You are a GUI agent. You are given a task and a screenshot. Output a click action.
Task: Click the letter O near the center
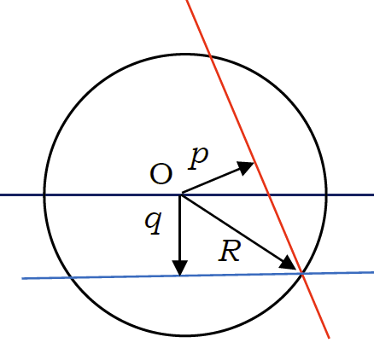[x=161, y=174]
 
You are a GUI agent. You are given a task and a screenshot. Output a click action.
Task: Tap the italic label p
[x=198, y=158]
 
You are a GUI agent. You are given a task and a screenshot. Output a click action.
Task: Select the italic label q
[x=154, y=223]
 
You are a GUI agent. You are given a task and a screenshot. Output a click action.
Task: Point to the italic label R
[x=230, y=251]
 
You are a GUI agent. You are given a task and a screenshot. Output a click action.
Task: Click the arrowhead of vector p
[x=246, y=168]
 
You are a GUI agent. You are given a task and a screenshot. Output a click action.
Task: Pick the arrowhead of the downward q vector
[x=180, y=268]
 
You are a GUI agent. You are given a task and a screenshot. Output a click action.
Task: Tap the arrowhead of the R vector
[x=289, y=264]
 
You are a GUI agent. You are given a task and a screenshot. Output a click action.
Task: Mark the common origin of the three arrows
[x=180, y=195]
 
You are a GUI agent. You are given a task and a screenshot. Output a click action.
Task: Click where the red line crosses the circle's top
[x=211, y=56]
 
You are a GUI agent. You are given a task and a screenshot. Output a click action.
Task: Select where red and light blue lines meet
[x=302, y=273]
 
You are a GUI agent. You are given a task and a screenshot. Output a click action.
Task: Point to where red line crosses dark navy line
[x=268, y=195]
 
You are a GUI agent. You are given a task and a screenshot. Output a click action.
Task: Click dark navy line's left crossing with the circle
[x=44, y=195]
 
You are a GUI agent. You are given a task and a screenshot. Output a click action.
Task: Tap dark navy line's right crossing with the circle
[x=326, y=195]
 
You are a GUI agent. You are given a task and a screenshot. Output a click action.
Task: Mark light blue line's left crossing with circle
[x=71, y=277]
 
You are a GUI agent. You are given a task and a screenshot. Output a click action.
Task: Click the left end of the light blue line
[x=22, y=278]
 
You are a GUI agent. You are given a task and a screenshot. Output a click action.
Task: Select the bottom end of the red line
[x=330, y=338]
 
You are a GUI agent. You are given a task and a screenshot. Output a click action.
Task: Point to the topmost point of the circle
[x=185, y=54]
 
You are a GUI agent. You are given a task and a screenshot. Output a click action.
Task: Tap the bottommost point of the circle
[x=185, y=335]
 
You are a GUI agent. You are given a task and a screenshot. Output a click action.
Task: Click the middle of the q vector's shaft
[x=180, y=228]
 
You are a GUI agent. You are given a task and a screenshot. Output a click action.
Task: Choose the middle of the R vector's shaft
[x=232, y=227]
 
